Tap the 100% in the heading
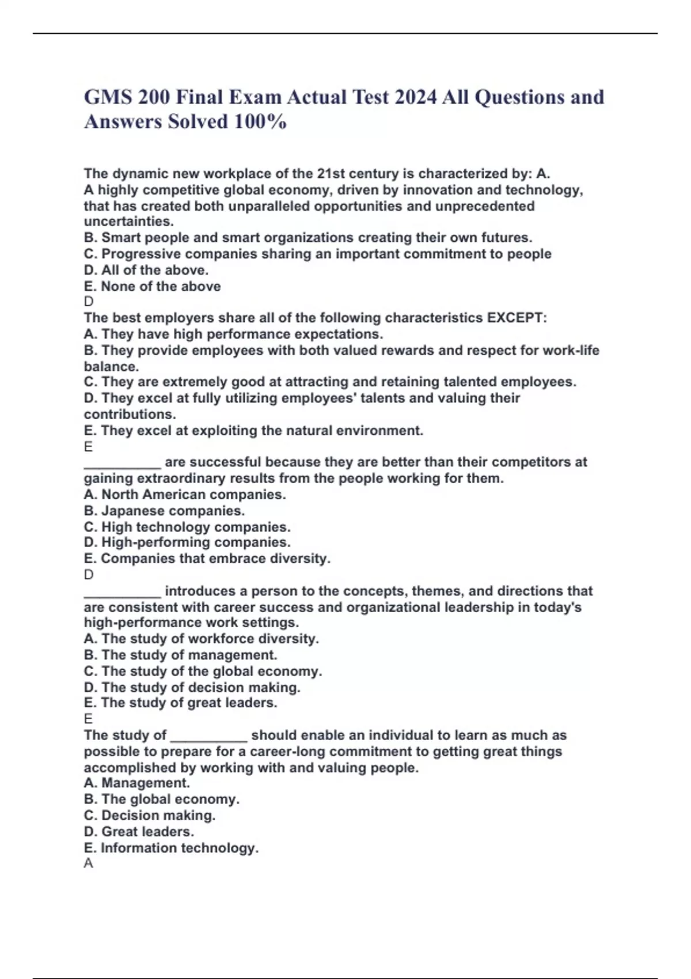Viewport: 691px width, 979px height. pos(260,122)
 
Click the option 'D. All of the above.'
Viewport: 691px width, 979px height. pos(146,270)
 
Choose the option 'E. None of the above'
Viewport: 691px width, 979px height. pos(152,286)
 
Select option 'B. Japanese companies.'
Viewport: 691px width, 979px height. pos(164,511)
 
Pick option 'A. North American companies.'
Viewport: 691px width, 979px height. pos(185,495)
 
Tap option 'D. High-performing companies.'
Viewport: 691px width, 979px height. pos(187,542)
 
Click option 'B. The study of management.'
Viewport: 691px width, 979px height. pos(180,655)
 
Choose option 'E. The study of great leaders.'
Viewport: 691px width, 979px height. pos(180,703)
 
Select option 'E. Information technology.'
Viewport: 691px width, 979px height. pos(171,848)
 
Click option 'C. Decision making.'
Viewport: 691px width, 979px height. pos(150,815)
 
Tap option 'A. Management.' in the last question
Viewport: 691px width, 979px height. pos(136,783)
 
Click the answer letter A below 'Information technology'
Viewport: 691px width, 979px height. pos(88,863)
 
